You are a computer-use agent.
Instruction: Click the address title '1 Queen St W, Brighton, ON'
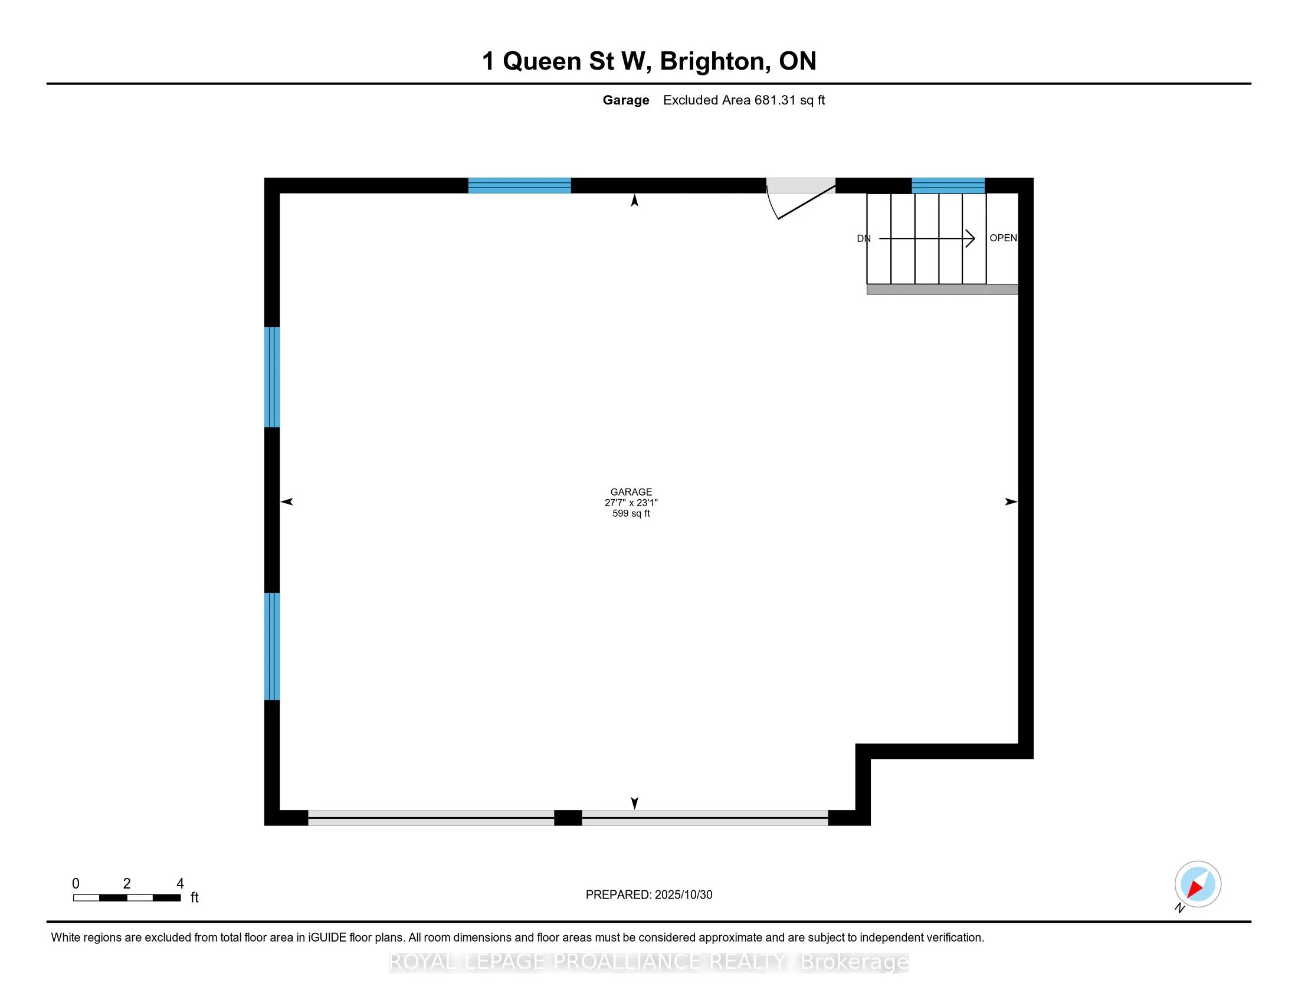point(649,61)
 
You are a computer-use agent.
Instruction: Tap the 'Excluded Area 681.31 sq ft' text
point(743,100)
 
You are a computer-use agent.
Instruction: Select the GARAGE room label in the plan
point(631,492)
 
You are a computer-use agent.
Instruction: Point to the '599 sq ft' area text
point(631,513)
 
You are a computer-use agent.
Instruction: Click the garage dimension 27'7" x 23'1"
point(631,503)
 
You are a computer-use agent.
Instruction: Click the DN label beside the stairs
point(864,239)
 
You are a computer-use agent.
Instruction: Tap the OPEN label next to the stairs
point(1003,238)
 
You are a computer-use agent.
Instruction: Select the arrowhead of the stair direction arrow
point(971,239)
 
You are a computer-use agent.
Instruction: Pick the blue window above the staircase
point(948,185)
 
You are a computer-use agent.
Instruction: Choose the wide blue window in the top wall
point(519,185)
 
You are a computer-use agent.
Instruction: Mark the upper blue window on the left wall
point(272,377)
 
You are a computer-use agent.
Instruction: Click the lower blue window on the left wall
point(272,646)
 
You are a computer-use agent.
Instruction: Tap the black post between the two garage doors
point(568,818)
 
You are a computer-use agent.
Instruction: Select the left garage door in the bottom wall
point(431,818)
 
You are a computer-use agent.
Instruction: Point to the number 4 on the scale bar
point(180,884)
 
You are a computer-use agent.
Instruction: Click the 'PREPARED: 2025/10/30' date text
point(649,895)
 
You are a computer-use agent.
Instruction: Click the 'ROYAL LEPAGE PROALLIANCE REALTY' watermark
point(588,962)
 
